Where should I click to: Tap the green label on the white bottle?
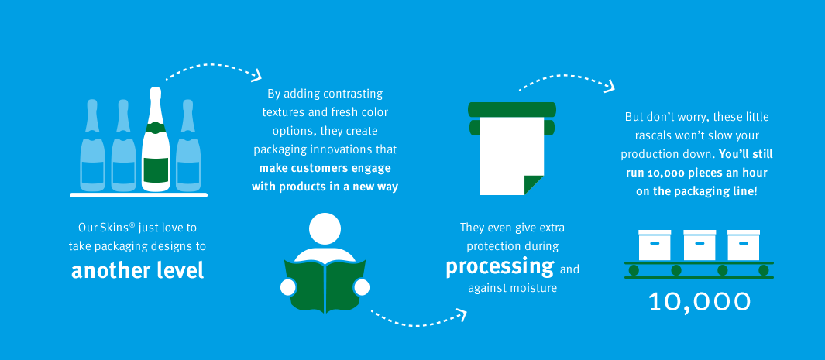(x=156, y=169)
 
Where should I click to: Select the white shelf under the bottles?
(x=139, y=195)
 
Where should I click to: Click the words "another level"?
(x=137, y=270)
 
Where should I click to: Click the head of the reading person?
(x=325, y=229)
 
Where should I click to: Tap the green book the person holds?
(x=325, y=286)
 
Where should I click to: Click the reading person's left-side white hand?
(x=288, y=287)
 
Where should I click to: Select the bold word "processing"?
(x=500, y=267)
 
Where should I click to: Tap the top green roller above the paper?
(x=511, y=109)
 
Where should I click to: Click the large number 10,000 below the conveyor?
(x=700, y=302)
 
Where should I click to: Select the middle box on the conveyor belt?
(x=700, y=245)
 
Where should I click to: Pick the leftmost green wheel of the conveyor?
(x=634, y=270)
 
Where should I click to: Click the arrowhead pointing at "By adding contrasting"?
(x=256, y=75)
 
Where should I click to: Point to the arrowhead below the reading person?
(x=461, y=315)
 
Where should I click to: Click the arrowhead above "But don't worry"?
(x=610, y=85)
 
